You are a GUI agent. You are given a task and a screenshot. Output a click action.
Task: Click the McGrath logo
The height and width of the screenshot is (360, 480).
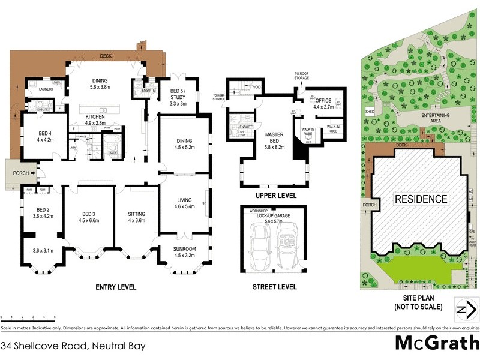tap(436, 343)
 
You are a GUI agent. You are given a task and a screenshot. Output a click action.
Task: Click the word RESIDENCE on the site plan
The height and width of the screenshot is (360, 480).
tap(420, 199)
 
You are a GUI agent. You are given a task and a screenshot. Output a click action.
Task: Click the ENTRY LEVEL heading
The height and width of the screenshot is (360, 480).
tap(116, 287)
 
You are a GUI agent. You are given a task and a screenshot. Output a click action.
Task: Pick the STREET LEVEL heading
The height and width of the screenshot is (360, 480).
tap(274, 287)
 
